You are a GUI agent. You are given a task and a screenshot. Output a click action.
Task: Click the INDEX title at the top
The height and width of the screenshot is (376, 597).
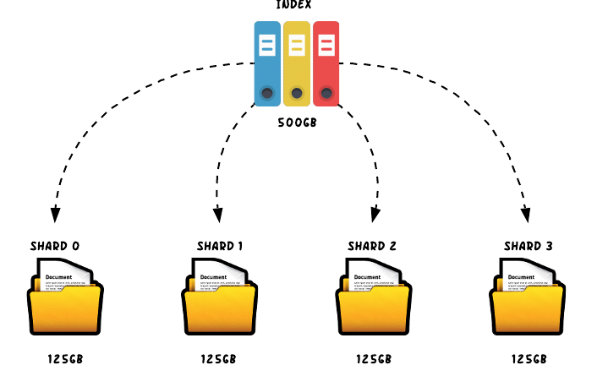[294, 5]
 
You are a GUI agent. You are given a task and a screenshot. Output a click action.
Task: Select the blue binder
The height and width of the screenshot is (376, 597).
[267, 63]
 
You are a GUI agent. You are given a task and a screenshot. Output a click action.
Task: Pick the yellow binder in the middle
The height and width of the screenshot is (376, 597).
[297, 63]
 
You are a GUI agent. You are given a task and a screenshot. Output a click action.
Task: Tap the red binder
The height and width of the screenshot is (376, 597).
[326, 63]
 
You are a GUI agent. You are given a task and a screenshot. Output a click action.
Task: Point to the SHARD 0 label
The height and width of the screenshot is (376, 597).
[55, 247]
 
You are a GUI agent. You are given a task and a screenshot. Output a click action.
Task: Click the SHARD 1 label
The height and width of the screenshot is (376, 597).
[220, 247]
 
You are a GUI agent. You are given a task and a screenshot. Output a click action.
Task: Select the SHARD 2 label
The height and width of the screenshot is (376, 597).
[372, 247]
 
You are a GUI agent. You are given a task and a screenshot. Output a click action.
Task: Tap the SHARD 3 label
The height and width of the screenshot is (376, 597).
[529, 247]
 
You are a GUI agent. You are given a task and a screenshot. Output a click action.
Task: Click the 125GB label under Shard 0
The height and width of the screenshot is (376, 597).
[65, 359]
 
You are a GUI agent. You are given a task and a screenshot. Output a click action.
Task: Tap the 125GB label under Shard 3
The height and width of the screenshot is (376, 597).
[531, 359]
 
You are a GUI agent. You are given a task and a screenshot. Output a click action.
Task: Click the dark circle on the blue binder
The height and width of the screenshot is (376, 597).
[267, 92]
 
